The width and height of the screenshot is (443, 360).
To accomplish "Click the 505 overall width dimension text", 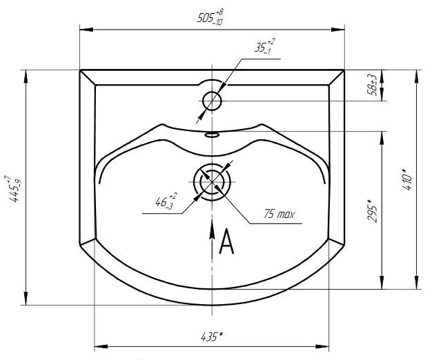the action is pyautogui.click(x=210, y=17).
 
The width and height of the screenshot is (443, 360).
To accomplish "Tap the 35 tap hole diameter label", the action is pyautogui.click(x=264, y=46).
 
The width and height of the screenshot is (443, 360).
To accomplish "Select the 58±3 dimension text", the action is pyautogui.click(x=373, y=85).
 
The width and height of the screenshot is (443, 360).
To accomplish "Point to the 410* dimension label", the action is pyautogui.click(x=407, y=179).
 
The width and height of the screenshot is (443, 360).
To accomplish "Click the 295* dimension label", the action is pyautogui.click(x=373, y=211).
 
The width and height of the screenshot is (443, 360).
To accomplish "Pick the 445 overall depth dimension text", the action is pyautogui.click(x=13, y=188).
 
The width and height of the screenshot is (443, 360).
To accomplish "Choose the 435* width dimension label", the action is pyautogui.click(x=212, y=337).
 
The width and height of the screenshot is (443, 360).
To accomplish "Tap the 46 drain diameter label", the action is pyautogui.click(x=166, y=201).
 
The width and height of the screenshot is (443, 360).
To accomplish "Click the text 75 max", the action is pyautogui.click(x=279, y=214).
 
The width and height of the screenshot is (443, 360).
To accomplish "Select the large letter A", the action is pyautogui.click(x=226, y=241).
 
